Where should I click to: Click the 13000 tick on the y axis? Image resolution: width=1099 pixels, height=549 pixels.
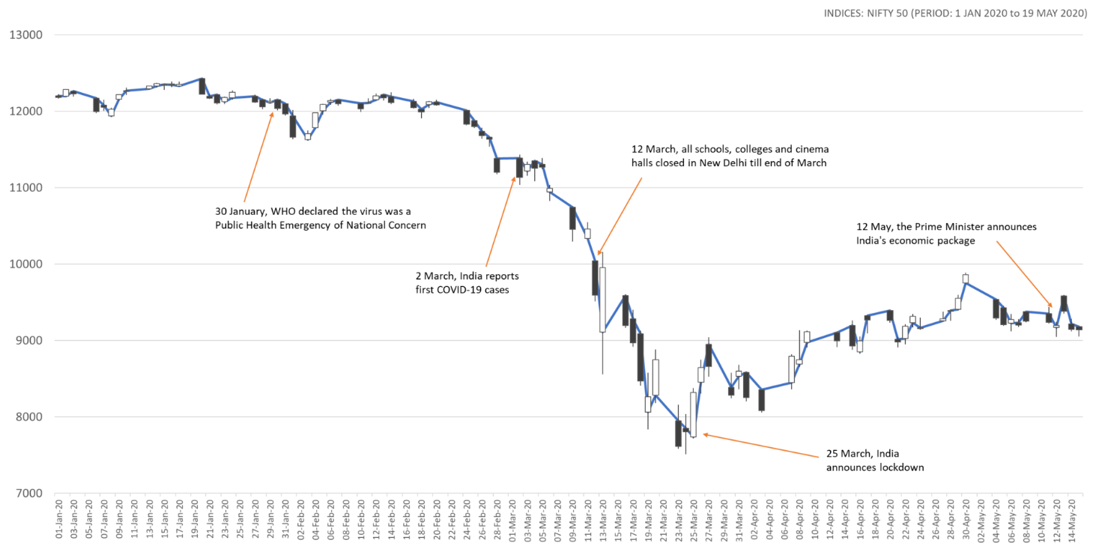pyautogui.click(x=26, y=35)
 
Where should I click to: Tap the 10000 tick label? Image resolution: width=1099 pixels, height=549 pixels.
pyautogui.click(x=26, y=264)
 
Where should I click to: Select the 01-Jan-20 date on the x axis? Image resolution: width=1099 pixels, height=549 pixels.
pyautogui.click(x=59, y=520)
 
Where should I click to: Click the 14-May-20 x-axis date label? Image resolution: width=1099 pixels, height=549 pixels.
pyautogui.click(x=1071, y=520)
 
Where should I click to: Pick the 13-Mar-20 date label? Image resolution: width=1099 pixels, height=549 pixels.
pyautogui.click(x=603, y=520)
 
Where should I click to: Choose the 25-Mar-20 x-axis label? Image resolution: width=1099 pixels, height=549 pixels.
pyautogui.click(x=694, y=520)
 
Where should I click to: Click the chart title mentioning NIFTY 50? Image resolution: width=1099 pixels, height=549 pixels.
pyautogui.click(x=955, y=13)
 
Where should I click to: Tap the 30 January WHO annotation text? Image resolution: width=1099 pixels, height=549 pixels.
pyautogui.click(x=321, y=218)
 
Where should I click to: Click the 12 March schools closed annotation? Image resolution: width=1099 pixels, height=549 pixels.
pyautogui.click(x=730, y=156)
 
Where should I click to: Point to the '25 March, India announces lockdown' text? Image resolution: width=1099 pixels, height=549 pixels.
pyautogui.click(x=875, y=460)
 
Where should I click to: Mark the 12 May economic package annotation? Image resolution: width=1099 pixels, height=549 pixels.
pyautogui.click(x=946, y=234)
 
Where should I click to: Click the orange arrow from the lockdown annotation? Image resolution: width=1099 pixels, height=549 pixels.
pyautogui.click(x=761, y=446)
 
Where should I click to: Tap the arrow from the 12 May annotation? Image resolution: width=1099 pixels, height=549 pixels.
pyautogui.click(x=1024, y=274)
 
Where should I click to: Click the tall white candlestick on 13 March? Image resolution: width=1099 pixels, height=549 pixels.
pyautogui.click(x=602, y=300)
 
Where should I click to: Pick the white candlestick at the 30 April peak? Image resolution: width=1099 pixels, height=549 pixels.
pyautogui.click(x=966, y=279)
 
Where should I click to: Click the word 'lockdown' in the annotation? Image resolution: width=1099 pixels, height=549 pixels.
pyautogui.click(x=899, y=467)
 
